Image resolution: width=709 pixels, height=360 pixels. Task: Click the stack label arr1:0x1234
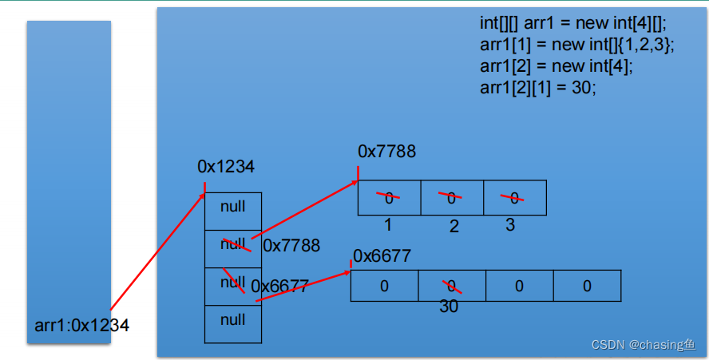pos(81,326)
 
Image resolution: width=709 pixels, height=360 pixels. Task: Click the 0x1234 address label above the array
pos(226,167)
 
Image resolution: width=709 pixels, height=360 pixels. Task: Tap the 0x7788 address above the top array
pos(386,152)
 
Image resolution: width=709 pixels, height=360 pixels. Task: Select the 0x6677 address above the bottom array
pos(382,256)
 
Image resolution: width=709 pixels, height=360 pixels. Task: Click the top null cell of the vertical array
pos(232,207)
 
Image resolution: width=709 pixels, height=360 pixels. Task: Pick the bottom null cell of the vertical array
pos(232,320)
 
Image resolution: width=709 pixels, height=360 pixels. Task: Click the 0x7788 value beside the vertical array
pos(291,245)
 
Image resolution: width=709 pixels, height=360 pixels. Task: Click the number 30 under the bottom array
pos(449,307)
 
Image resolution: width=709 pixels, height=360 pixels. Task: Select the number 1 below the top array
pos(388,225)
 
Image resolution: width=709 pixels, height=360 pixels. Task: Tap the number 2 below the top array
pos(454,227)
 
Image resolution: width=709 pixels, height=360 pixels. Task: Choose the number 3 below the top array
pos(510,225)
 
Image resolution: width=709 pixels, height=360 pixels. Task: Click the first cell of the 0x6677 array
pos(384,286)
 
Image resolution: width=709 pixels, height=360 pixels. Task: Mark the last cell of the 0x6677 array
pos(587,286)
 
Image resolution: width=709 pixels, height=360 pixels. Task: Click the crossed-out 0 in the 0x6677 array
pos(452,286)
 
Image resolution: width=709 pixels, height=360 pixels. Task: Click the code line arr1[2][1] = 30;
pos(538,88)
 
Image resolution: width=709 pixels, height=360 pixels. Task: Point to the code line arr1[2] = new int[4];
pos(556,66)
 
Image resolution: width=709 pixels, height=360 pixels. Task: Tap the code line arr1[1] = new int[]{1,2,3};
pos(577,45)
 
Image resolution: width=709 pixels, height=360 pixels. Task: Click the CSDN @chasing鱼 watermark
pos(644,345)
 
